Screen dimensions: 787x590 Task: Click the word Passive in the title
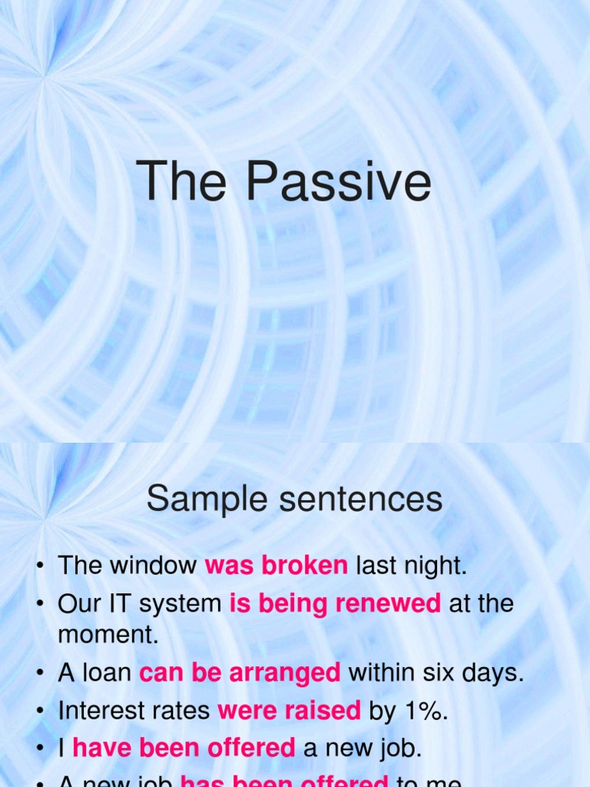coord(338,183)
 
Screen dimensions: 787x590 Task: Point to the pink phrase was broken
coord(277,566)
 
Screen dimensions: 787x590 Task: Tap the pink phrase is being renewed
coord(335,603)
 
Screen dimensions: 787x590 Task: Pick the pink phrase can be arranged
coord(240,673)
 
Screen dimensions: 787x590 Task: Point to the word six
coord(441,673)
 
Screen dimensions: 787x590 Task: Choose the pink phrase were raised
coord(289,711)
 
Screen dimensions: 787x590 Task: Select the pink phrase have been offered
coord(184,748)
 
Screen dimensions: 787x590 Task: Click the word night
coord(439,566)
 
